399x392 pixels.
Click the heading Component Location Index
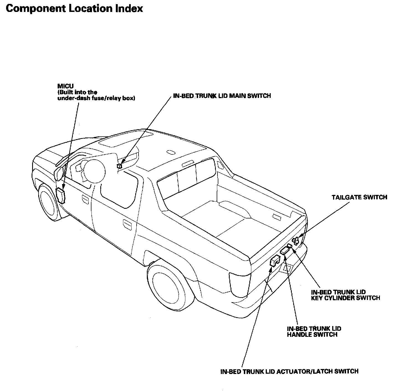pos(74,9)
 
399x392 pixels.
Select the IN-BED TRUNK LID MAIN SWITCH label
pos(222,96)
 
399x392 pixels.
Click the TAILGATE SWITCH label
pos(359,197)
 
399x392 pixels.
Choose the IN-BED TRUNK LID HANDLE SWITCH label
pos(314,332)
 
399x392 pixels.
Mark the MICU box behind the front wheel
pos(60,196)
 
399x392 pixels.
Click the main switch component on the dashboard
pos(119,166)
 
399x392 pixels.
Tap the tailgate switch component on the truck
pos(296,241)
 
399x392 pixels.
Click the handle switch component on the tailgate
pos(285,251)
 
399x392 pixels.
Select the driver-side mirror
pos(59,173)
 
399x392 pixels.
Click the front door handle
pos(85,198)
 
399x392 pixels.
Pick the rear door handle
pos(127,225)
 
